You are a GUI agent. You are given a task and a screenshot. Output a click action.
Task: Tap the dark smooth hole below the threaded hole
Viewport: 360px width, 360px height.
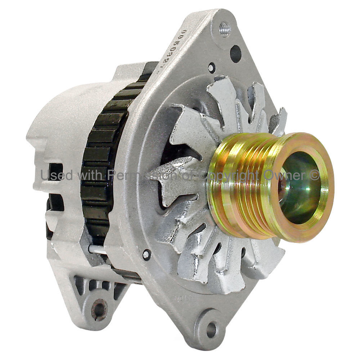pos(235,54)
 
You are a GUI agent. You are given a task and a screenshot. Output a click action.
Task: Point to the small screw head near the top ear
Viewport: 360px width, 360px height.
pos(211,67)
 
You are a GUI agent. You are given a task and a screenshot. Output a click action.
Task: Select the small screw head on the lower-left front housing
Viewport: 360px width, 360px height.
pos(146,255)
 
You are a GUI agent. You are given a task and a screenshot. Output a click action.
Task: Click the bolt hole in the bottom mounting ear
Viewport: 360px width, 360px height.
pos(211,329)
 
